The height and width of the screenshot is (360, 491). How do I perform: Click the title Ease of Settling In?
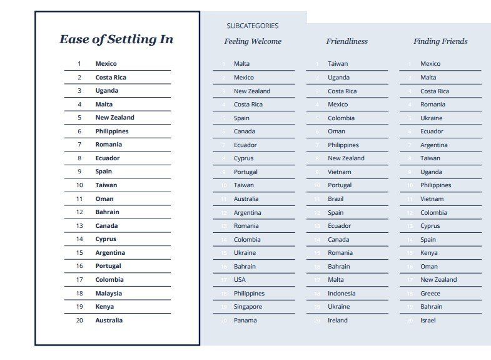coord(116,39)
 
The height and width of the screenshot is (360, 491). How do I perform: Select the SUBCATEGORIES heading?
coord(252,26)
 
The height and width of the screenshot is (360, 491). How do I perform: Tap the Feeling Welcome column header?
coord(253,41)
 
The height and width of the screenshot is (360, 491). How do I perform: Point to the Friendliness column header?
coord(347,41)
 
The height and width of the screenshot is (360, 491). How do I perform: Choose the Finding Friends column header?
coord(440,41)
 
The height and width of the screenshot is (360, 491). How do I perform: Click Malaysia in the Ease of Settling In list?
coord(109,293)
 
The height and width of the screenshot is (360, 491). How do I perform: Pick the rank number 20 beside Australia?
coord(79,320)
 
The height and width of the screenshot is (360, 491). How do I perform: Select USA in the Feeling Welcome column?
coord(240,280)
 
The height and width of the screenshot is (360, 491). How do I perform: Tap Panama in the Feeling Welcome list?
coord(245,320)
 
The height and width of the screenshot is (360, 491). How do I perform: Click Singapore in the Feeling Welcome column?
coord(248,307)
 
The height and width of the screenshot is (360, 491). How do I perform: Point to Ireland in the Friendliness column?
coord(338,320)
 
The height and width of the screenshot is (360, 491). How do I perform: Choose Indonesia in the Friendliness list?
coord(342,293)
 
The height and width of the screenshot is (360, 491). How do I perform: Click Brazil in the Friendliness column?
coord(337,199)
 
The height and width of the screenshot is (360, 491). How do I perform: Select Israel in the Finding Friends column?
coord(428,320)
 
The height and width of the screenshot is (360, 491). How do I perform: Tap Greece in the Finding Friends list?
coord(430,293)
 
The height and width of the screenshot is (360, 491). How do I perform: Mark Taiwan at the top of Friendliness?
coord(338,64)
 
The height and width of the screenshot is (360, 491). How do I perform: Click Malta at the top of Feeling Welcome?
coord(241,64)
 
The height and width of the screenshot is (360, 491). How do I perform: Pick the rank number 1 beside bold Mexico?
coord(79,64)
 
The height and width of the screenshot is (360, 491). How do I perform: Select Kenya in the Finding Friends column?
coord(429,253)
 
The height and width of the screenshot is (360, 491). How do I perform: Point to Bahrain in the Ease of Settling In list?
coord(107,212)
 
